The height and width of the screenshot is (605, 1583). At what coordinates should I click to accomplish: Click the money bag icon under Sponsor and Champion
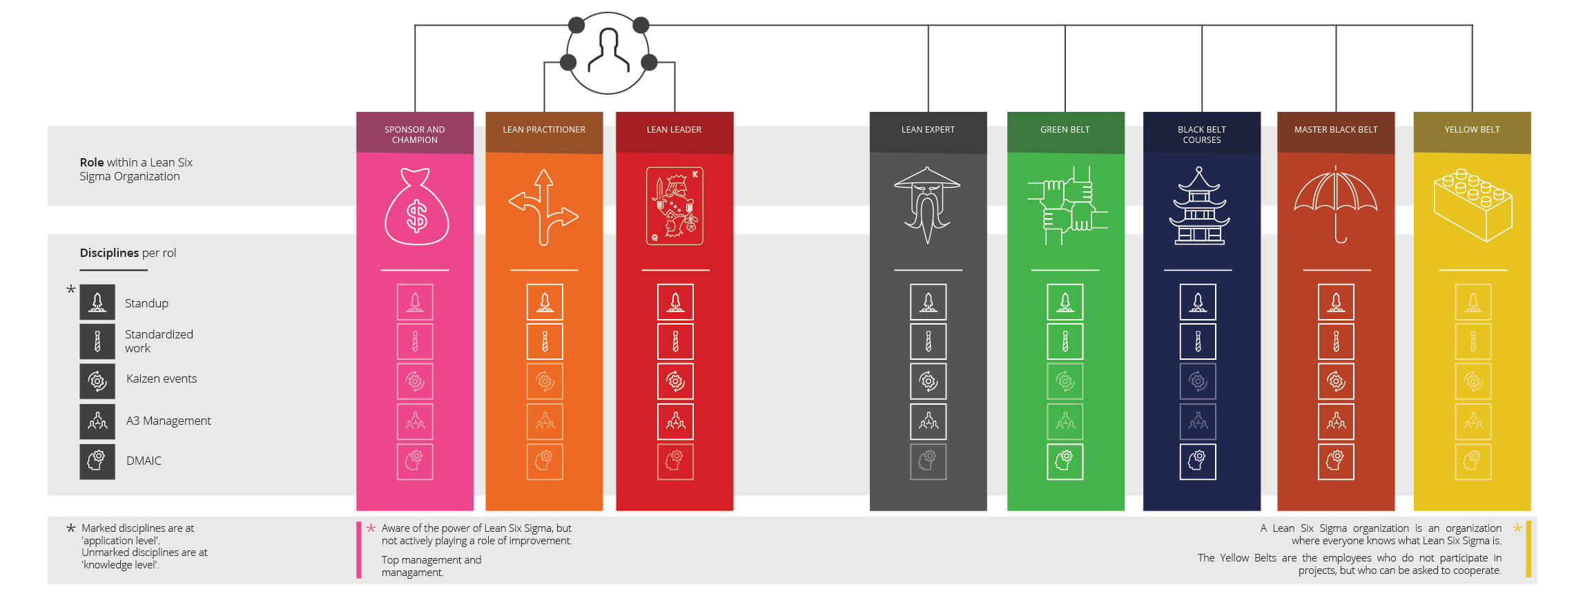[416, 207]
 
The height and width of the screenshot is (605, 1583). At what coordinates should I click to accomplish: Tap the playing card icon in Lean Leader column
[674, 206]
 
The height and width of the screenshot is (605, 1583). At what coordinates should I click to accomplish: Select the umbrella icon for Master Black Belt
[1335, 204]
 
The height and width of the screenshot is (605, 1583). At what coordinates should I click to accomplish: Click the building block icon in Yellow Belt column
[1473, 205]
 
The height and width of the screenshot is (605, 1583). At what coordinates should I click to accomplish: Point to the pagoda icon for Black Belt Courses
[1200, 206]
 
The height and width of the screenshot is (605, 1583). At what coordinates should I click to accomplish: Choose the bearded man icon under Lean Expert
[927, 204]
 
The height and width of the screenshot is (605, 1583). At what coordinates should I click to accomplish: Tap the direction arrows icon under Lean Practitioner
[544, 207]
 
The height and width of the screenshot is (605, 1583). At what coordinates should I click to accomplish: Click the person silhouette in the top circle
[608, 52]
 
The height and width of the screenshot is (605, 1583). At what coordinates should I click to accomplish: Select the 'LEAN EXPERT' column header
[928, 130]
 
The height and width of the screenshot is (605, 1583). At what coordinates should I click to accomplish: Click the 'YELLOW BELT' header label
[1472, 130]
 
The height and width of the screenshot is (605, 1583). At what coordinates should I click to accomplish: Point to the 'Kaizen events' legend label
[162, 378]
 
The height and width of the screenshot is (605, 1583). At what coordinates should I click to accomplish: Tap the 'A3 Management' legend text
[168, 421]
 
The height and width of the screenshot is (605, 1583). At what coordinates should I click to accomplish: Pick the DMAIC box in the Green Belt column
[1065, 461]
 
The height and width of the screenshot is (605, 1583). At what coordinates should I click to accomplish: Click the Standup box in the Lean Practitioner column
[545, 302]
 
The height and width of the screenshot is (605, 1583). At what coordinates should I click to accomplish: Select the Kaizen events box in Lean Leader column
[675, 381]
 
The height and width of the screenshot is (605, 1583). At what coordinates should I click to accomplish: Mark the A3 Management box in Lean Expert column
[928, 421]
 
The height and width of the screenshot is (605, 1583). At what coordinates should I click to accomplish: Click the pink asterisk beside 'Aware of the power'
[371, 528]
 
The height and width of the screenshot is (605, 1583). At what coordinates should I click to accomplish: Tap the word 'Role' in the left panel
[91, 162]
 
